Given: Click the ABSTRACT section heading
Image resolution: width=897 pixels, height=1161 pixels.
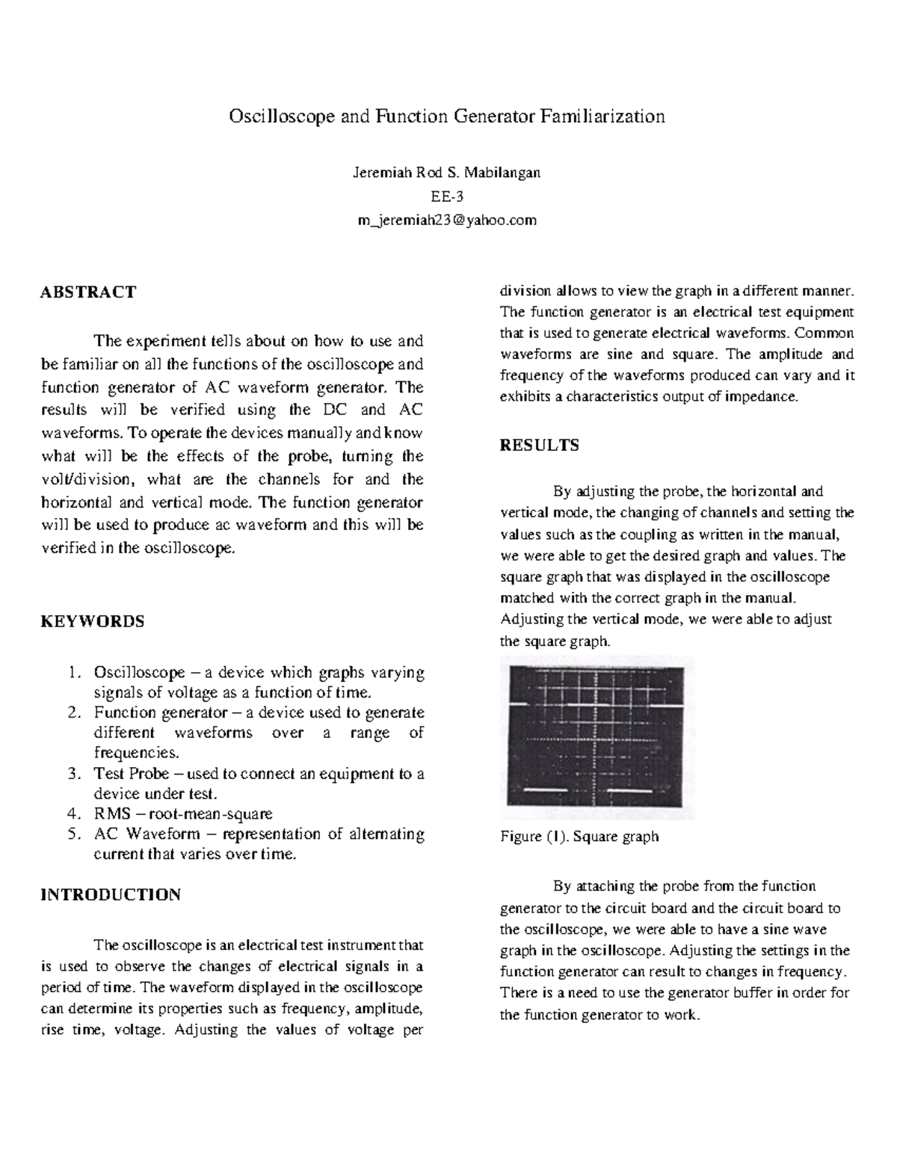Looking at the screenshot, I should (x=87, y=292).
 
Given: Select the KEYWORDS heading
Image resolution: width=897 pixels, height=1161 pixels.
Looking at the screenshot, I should (x=92, y=621).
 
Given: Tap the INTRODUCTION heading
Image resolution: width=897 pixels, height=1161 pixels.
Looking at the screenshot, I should (x=110, y=895).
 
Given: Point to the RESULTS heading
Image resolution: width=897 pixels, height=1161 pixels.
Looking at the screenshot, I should (x=538, y=446).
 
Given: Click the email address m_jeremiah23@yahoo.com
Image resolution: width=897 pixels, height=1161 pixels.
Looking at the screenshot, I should (x=446, y=221).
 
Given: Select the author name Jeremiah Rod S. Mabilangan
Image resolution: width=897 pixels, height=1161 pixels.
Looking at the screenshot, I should (x=446, y=173).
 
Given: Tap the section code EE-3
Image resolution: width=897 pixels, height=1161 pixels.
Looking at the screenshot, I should (x=446, y=197).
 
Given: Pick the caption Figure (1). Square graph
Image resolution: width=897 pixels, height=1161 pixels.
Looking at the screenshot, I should (x=579, y=836).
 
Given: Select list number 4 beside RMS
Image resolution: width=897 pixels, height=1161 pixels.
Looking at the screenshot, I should (x=73, y=814).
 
